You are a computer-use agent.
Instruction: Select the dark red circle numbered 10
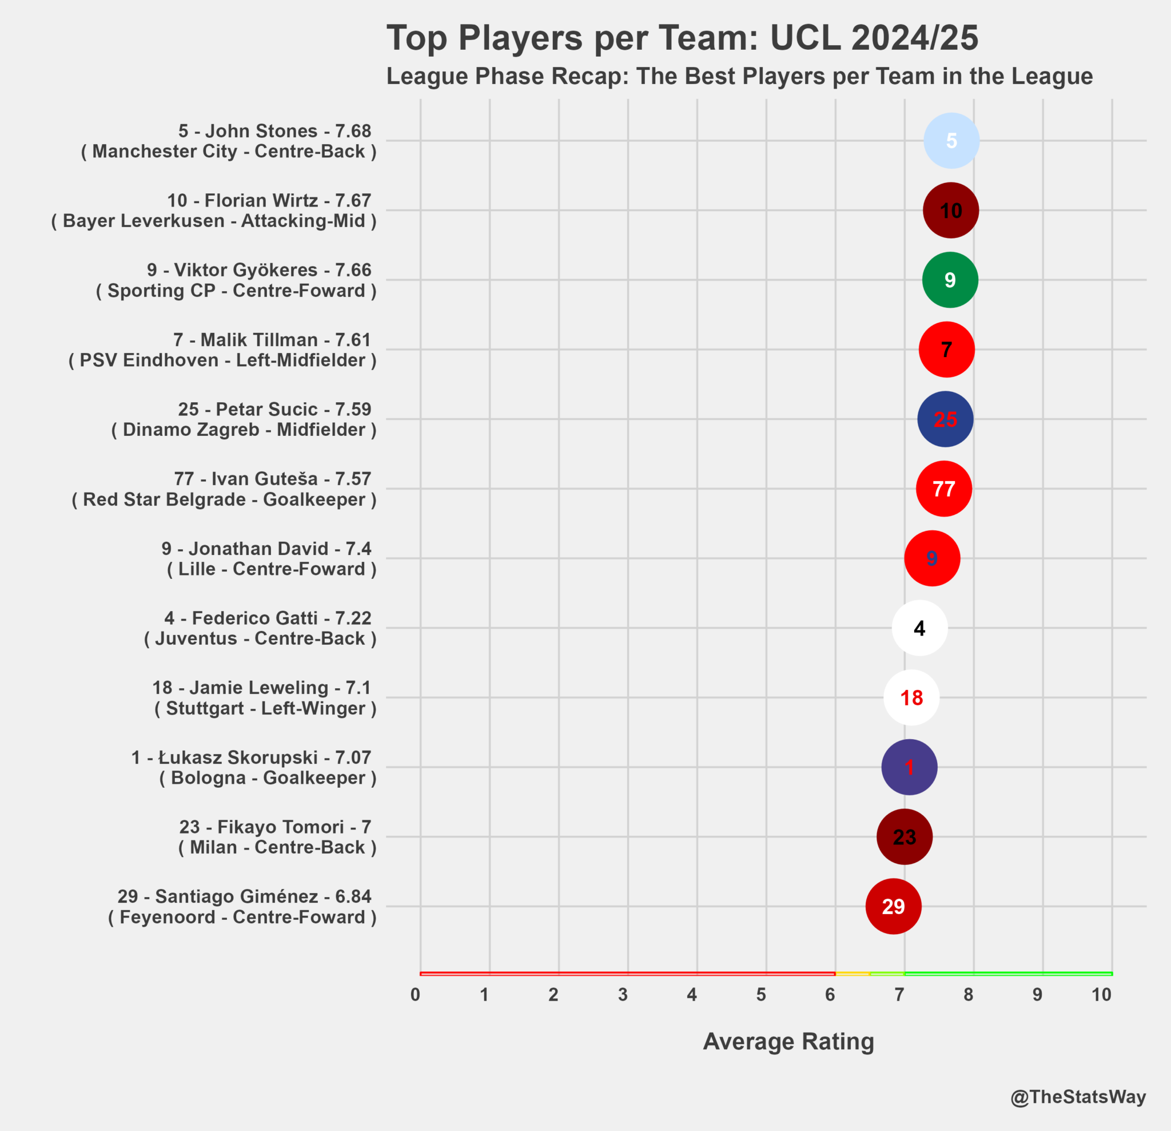tap(950, 211)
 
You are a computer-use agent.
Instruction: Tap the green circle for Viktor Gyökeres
tap(950, 280)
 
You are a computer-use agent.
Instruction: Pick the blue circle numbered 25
tap(945, 419)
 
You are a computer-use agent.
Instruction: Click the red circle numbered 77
tap(944, 489)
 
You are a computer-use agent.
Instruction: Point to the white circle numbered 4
tap(919, 628)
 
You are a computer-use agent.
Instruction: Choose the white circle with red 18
tap(911, 697)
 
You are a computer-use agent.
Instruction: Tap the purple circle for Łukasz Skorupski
tap(909, 767)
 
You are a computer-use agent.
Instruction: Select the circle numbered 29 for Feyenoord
tap(893, 906)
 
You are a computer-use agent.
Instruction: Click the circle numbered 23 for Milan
tap(905, 837)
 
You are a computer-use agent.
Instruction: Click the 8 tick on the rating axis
tap(969, 995)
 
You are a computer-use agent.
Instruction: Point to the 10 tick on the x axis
tap(1102, 995)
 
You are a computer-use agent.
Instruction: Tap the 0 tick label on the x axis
tap(415, 995)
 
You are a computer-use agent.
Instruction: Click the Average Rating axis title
tap(788, 1041)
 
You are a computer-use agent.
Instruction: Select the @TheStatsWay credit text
tap(1078, 1097)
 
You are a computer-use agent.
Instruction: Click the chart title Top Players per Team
tap(682, 38)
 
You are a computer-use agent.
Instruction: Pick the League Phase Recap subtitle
tap(740, 77)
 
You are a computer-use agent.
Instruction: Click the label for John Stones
tap(229, 141)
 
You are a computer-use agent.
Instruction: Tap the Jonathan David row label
tap(269, 558)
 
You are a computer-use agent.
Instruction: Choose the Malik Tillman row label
tap(222, 350)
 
